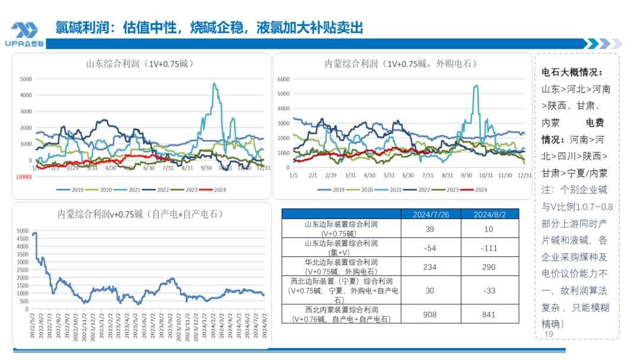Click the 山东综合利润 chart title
pyautogui.click(x=140, y=63)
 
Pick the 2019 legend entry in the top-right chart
pyautogui.click(x=332, y=189)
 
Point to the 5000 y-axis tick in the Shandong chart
pyautogui.click(x=25, y=79)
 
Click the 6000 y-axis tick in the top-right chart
pyautogui.click(x=282, y=79)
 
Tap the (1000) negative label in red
pyautogui.click(x=24, y=176)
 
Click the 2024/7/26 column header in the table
pyautogui.click(x=431, y=214)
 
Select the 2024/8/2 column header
pyautogui.click(x=489, y=214)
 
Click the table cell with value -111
pyautogui.click(x=489, y=247)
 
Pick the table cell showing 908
pyautogui.click(x=431, y=314)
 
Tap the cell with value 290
pyautogui.click(x=489, y=267)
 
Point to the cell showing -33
pyautogui.click(x=489, y=290)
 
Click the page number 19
pyautogui.click(x=548, y=335)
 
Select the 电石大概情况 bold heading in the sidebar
pyautogui.click(x=572, y=72)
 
